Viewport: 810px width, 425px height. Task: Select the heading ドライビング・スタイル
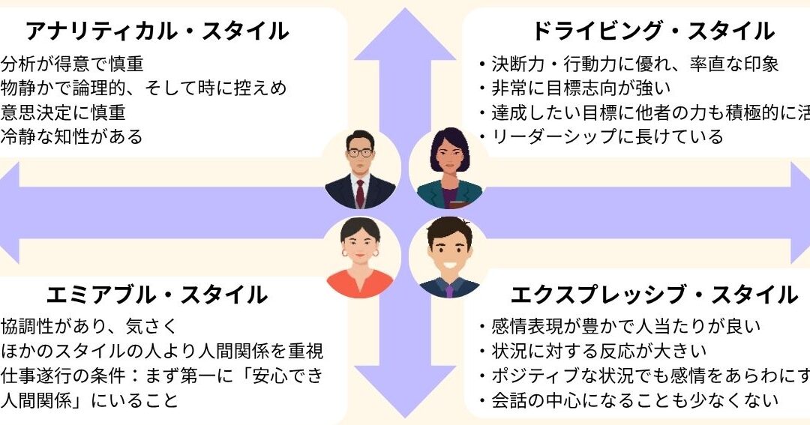pos(652,31)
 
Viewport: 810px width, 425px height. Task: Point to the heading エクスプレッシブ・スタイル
pos(653,295)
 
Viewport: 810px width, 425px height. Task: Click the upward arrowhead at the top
pos(405,34)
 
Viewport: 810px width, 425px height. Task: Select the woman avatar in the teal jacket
pos(448,169)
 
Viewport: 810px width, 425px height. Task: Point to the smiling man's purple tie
pos(448,289)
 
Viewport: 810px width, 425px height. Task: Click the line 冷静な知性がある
pos(72,137)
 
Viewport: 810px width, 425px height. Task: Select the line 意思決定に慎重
pos(63,113)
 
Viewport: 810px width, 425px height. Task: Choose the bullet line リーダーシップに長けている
pos(600,136)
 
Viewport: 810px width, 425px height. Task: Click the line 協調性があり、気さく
pos(88,327)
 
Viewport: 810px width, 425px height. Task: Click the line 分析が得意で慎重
pos(72,64)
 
